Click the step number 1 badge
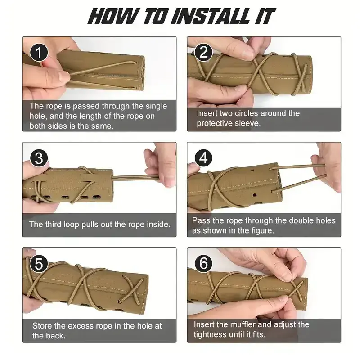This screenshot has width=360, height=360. [39, 53]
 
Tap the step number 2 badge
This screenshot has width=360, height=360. [203, 52]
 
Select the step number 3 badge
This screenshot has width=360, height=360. [39, 158]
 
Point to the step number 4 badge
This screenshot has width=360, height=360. [203, 158]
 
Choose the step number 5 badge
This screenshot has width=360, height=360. [39, 264]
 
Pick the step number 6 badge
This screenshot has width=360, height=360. [203, 263]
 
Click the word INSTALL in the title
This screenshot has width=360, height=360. [211, 16]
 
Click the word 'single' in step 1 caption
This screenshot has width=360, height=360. [156, 106]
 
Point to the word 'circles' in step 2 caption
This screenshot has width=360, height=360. [247, 113]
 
